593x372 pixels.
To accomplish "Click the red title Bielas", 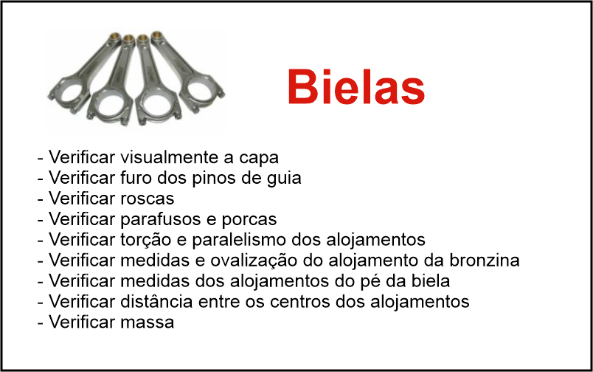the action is (x=356, y=86).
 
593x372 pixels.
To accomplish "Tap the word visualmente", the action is (x=170, y=157).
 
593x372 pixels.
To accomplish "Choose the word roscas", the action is (x=147, y=199).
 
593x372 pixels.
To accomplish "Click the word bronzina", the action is (x=485, y=260).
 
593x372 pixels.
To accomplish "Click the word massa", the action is (x=147, y=323).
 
